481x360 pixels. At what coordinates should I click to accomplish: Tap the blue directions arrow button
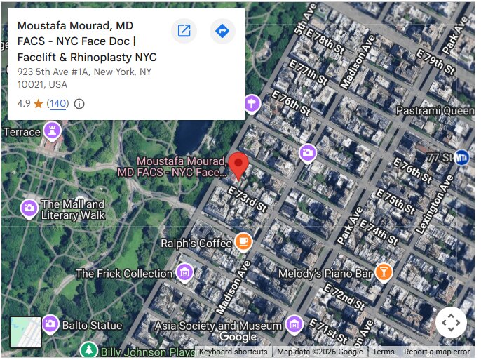click(x=222, y=31)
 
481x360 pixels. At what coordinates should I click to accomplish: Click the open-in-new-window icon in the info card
click(x=184, y=31)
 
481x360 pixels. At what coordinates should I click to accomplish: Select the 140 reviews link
click(x=57, y=104)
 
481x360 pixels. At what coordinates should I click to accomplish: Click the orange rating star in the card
click(x=38, y=104)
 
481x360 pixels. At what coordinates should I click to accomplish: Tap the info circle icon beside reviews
click(x=79, y=104)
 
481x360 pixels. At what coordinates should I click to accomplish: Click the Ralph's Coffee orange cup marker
click(x=243, y=242)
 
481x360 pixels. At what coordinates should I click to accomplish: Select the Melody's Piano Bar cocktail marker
click(x=384, y=272)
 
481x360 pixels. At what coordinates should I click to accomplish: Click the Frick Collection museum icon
click(x=184, y=272)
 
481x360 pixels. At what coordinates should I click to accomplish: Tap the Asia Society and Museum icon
click(x=294, y=325)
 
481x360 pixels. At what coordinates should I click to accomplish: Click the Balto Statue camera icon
click(x=50, y=324)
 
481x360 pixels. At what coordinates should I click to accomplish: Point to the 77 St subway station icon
click(x=461, y=157)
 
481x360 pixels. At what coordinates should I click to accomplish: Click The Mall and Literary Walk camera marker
click(x=29, y=208)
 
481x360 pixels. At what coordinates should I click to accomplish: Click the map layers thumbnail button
click(x=25, y=332)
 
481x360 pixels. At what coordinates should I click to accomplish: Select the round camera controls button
click(x=450, y=323)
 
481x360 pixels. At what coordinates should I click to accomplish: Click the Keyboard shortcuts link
click(x=233, y=352)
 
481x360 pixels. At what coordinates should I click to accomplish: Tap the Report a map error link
click(x=437, y=352)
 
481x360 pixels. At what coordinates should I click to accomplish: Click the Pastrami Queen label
click(x=435, y=110)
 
